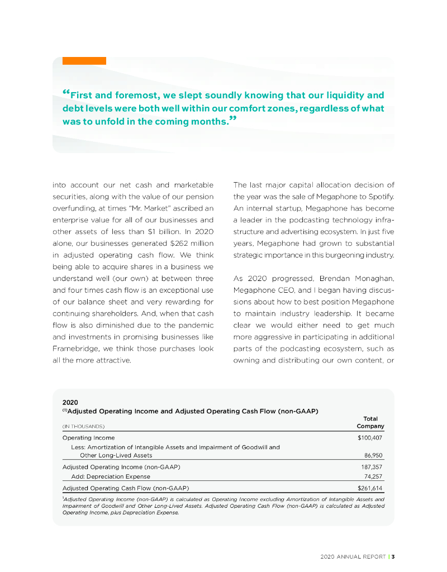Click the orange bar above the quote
coord(84,60)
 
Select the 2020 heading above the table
coord(70,402)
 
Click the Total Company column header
coord(370,422)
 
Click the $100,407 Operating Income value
coord(371,438)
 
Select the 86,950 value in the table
coord(374,455)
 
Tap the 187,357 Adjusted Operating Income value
coord(373,466)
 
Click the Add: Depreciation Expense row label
coord(111,476)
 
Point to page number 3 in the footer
coord(393,556)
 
